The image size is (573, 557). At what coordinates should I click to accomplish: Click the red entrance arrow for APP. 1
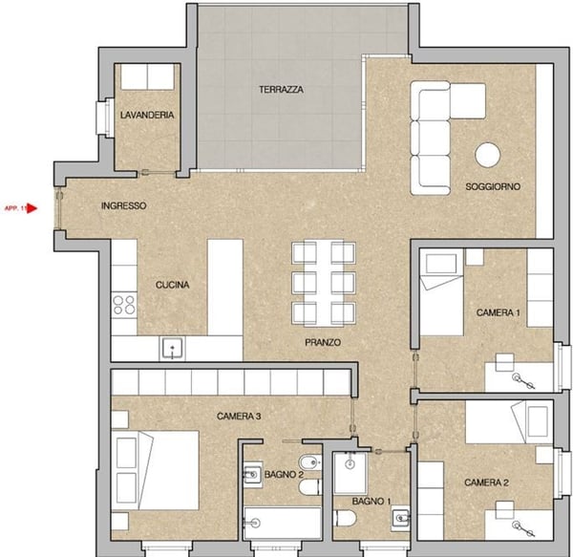coord(32,206)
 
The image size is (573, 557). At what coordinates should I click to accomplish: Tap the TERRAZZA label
coord(281,90)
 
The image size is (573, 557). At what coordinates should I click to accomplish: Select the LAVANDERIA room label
coord(146,115)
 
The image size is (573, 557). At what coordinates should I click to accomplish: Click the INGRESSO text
coord(122,205)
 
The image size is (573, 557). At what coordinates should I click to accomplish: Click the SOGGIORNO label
coord(493,187)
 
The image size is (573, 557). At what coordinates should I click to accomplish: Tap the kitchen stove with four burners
coord(124,305)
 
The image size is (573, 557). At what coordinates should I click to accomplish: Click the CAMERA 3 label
coord(239,416)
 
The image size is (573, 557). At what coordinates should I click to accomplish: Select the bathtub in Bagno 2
coord(283,524)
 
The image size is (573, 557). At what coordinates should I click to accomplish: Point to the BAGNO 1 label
coord(371,502)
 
